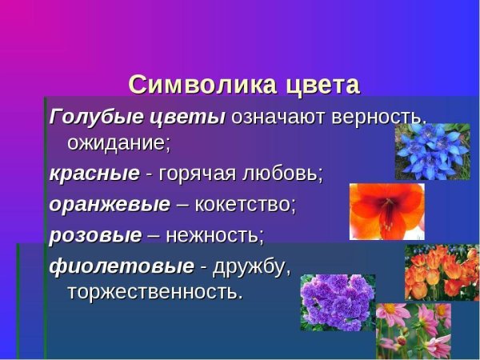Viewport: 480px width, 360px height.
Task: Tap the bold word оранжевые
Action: (110, 204)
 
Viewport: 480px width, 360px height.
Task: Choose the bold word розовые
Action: (95, 235)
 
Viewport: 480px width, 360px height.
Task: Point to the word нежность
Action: (217, 235)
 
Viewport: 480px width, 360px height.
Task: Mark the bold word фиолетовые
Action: (122, 265)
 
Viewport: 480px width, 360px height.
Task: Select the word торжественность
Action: (155, 292)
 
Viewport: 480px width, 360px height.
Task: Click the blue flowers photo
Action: (431, 150)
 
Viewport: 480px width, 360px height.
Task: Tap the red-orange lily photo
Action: (386, 211)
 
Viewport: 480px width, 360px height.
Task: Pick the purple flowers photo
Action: (336, 302)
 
